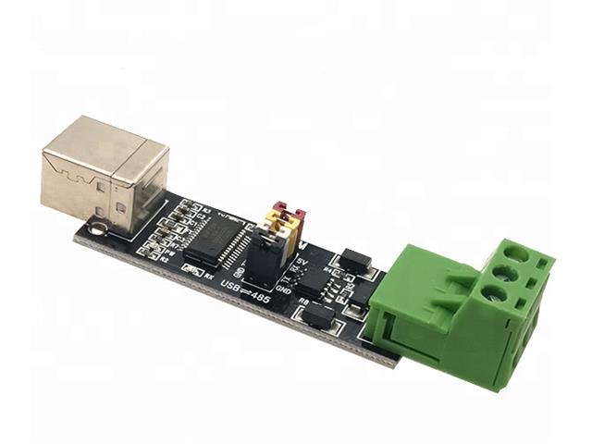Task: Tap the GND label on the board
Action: pos(285,290)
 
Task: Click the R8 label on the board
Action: pos(302,300)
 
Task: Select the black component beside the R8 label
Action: pos(317,317)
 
